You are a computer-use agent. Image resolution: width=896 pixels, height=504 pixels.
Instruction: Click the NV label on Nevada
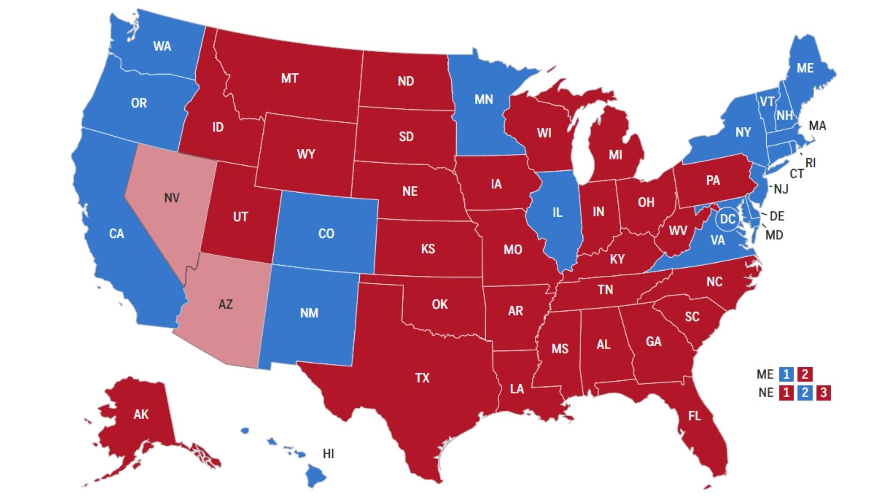pyautogui.click(x=172, y=198)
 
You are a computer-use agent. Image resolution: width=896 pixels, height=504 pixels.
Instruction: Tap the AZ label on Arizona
pyautogui.click(x=225, y=304)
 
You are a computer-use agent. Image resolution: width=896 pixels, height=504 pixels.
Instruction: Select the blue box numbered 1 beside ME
pyautogui.click(x=786, y=374)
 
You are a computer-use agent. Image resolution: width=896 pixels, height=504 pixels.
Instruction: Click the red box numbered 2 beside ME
pyautogui.click(x=805, y=374)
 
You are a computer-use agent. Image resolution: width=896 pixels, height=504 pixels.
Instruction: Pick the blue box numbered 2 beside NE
pyautogui.click(x=805, y=392)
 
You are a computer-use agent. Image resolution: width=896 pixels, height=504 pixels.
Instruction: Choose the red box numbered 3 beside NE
pyautogui.click(x=824, y=392)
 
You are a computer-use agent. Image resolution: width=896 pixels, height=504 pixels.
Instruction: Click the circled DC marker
pyautogui.click(x=728, y=219)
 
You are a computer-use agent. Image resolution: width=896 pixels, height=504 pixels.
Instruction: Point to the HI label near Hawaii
pyautogui.click(x=328, y=454)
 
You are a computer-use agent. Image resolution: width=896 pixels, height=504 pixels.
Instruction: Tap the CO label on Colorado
pyautogui.click(x=326, y=233)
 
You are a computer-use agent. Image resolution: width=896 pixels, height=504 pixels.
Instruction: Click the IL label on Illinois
pyautogui.click(x=557, y=213)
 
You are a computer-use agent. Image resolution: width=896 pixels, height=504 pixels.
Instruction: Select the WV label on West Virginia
pyautogui.click(x=678, y=231)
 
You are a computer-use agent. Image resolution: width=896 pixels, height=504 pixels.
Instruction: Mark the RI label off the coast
pyautogui.click(x=811, y=163)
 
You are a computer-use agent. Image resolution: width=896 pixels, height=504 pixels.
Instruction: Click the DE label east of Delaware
pyautogui.click(x=777, y=216)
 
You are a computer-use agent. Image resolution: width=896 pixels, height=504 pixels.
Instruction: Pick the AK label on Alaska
pyautogui.click(x=141, y=414)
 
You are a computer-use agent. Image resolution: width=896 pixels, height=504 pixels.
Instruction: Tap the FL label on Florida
pyautogui.click(x=694, y=415)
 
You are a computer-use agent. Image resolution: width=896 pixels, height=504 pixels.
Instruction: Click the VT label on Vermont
pyautogui.click(x=767, y=101)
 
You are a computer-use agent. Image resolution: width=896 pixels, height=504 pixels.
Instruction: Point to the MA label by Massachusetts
pyautogui.click(x=817, y=126)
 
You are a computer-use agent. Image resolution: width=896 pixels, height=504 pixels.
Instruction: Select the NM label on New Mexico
pyautogui.click(x=309, y=313)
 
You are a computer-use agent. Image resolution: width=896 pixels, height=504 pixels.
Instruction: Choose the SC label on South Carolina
pyautogui.click(x=692, y=317)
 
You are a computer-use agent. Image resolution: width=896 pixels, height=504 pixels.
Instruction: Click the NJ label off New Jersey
pyautogui.click(x=781, y=189)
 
